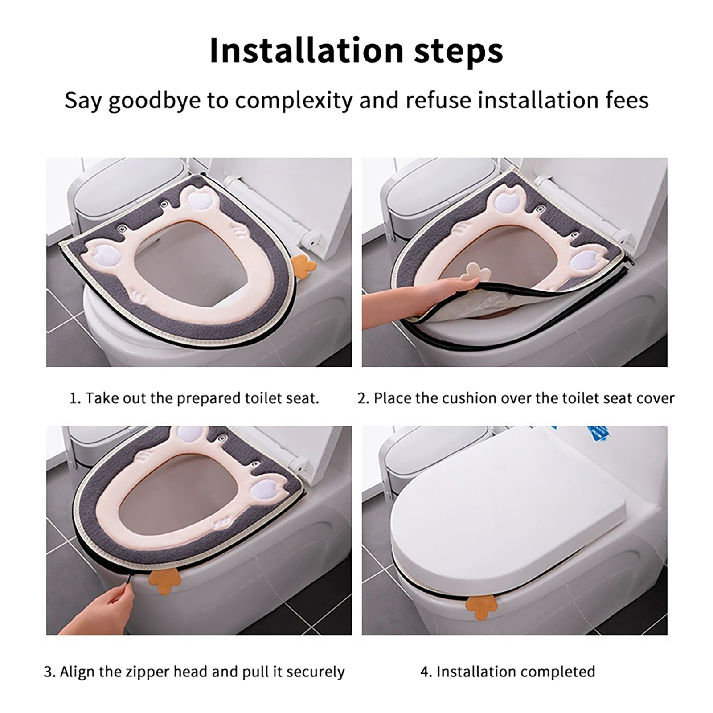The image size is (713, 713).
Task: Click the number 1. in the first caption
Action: pos(75,398)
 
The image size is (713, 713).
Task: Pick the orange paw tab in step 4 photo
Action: pos(481,606)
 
